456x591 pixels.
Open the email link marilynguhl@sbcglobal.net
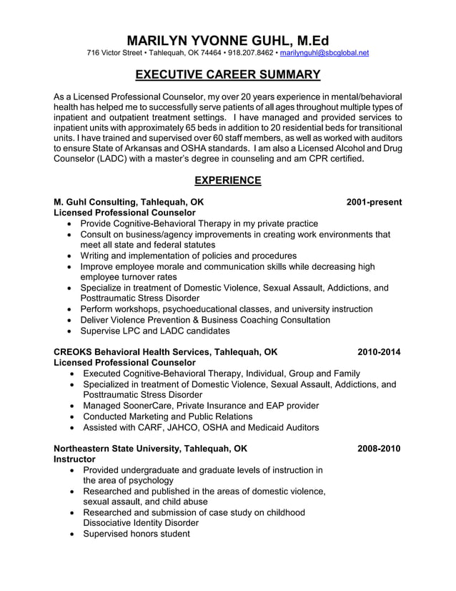click(x=324, y=53)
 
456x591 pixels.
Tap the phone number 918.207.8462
click(x=250, y=53)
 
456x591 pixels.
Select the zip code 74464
click(x=207, y=53)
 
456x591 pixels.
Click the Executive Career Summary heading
click(x=228, y=74)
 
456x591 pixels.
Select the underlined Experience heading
click(x=228, y=180)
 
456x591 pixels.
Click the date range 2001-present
click(x=373, y=202)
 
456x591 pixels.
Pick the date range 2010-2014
click(x=379, y=352)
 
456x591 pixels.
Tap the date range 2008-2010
click(x=379, y=449)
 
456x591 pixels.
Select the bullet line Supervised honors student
click(x=137, y=534)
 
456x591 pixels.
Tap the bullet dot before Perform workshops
click(x=68, y=309)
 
